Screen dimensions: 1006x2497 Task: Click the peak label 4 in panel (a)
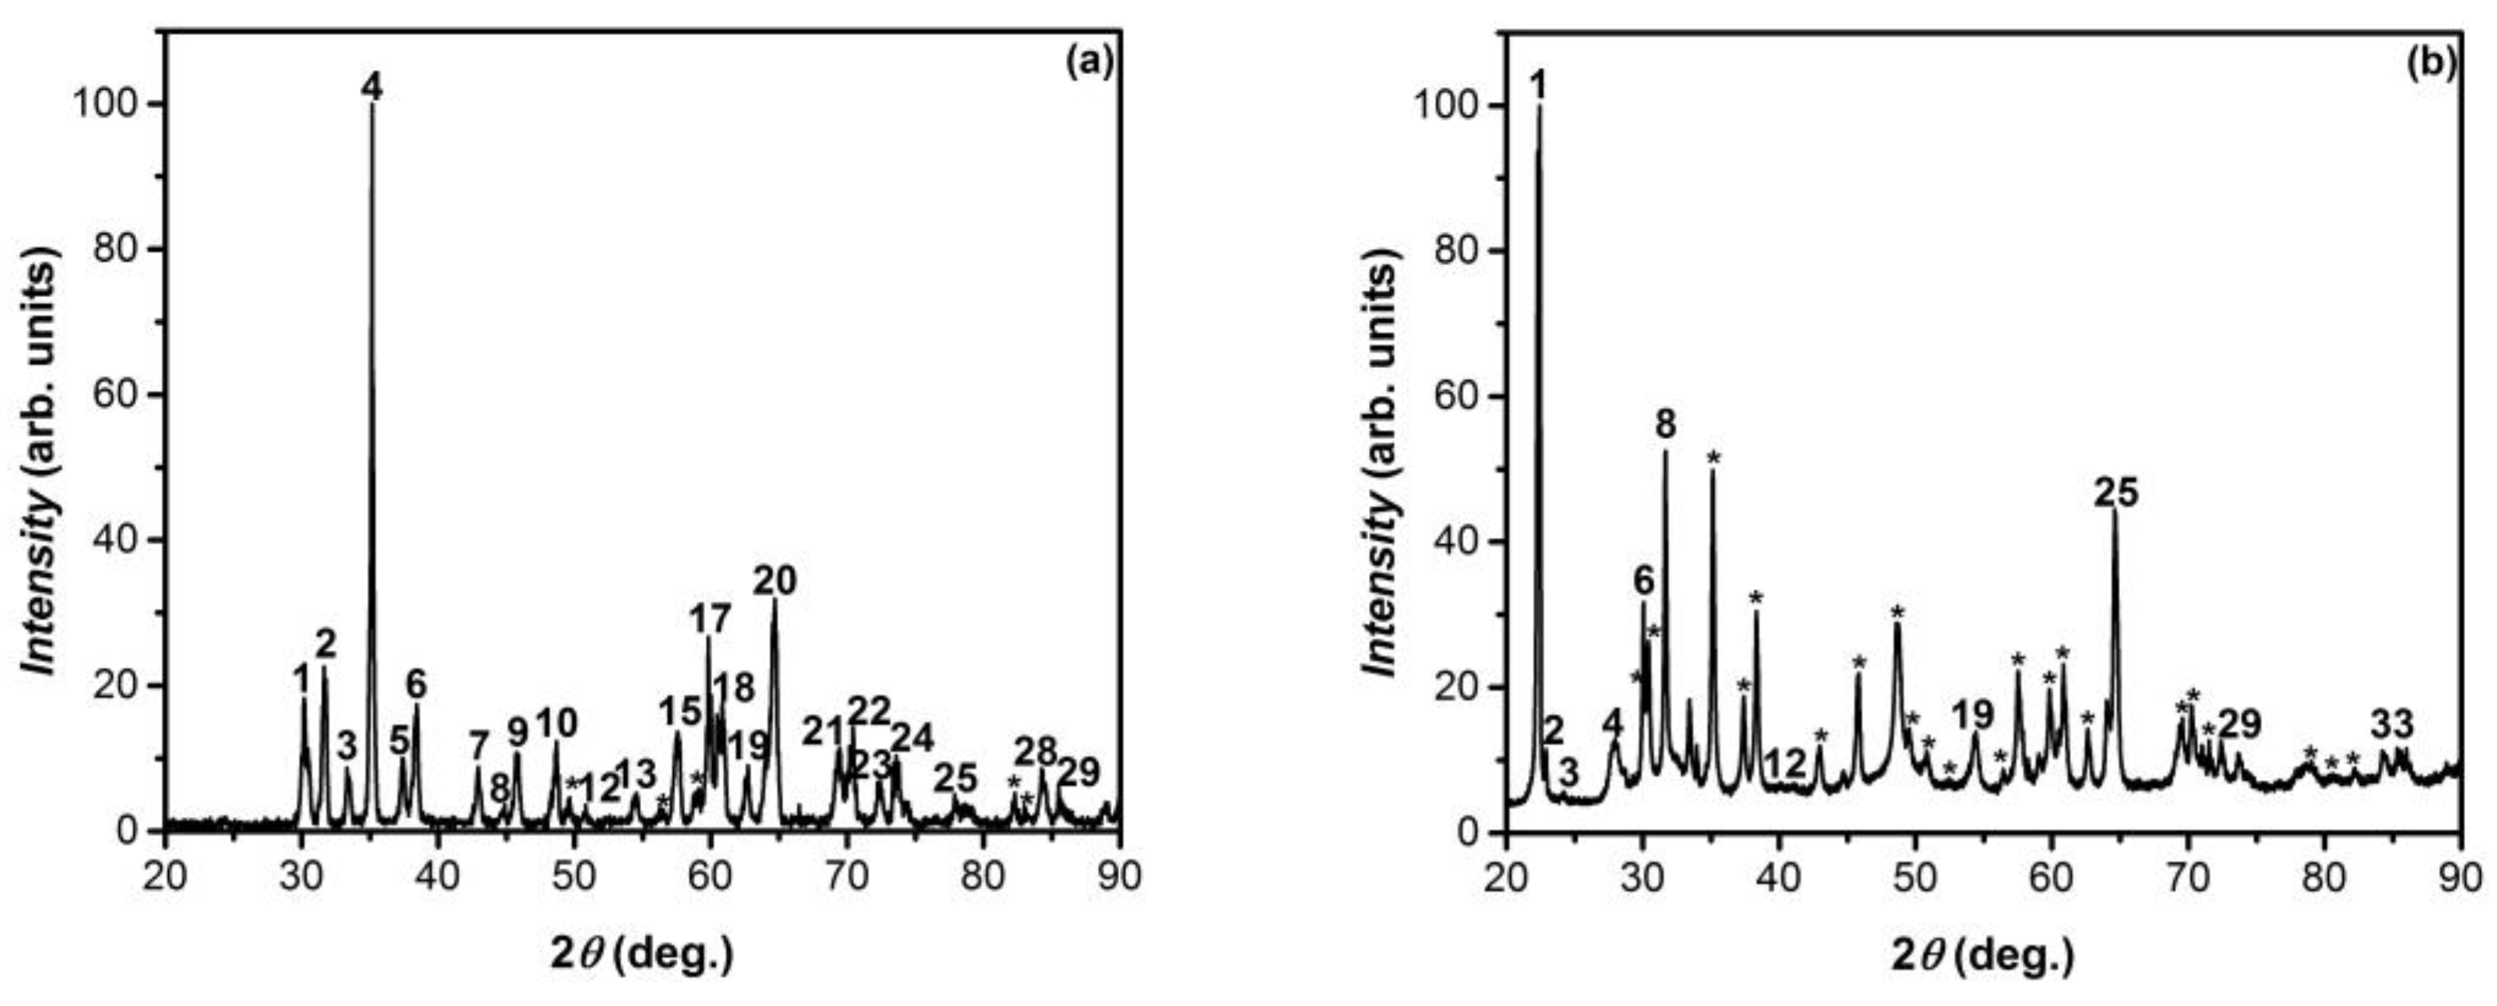click(x=371, y=87)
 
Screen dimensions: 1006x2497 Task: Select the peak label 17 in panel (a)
click(x=711, y=618)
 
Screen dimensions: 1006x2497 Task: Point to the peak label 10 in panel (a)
click(x=556, y=723)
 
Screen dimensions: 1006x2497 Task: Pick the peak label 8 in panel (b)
click(x=1667, y=424)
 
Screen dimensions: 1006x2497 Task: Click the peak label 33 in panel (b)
click(x=2393, y=724)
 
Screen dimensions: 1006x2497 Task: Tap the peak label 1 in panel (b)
click(x=1538, y=86)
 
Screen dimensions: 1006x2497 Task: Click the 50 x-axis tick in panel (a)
click(x=575, y=875)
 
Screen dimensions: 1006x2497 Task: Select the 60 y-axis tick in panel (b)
click(x=1455, y=397)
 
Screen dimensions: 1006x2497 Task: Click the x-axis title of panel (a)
click(x=642, y=955)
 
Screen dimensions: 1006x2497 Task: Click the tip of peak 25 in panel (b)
click(x=2115, y=511)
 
